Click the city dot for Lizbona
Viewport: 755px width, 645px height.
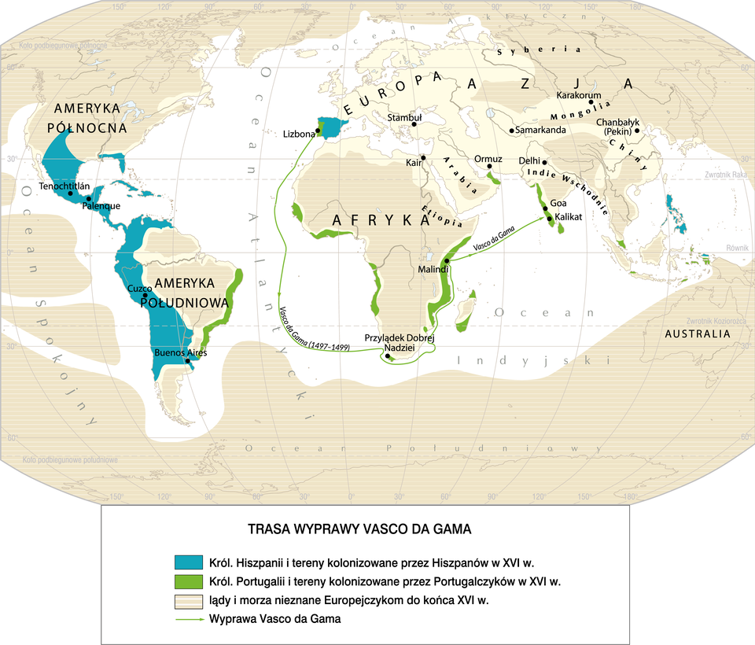pyautogui.click(x=319, y=131)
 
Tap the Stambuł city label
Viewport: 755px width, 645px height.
pyautogui.click(x=406, y=117)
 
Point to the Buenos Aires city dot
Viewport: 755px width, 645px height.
pyautogui.click(x=187, y=362)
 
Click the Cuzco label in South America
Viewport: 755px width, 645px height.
pyautogui.click(x=139, y=289)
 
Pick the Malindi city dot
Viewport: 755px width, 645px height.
pyautogui.click(x=446, y=260)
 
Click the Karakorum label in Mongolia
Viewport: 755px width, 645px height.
pyautogui.click(x=579, y=95)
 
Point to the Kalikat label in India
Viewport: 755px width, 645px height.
pyautogui.click(x=569, y=216)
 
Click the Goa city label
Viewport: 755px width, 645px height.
pyautogui.click(x=559, y=202)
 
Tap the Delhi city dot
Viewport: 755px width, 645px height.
pyautogui.click(x=544, y=162)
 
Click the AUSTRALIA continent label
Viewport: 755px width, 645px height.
pyautogui.click(x=698, y=334)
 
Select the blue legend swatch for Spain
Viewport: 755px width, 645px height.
pyautogui.click(x=188, y=562)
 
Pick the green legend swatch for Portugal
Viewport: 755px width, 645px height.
pyautogui.click(x=188, y=582)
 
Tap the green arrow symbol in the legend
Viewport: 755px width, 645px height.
pyautogui.click(x=188, y=619)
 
